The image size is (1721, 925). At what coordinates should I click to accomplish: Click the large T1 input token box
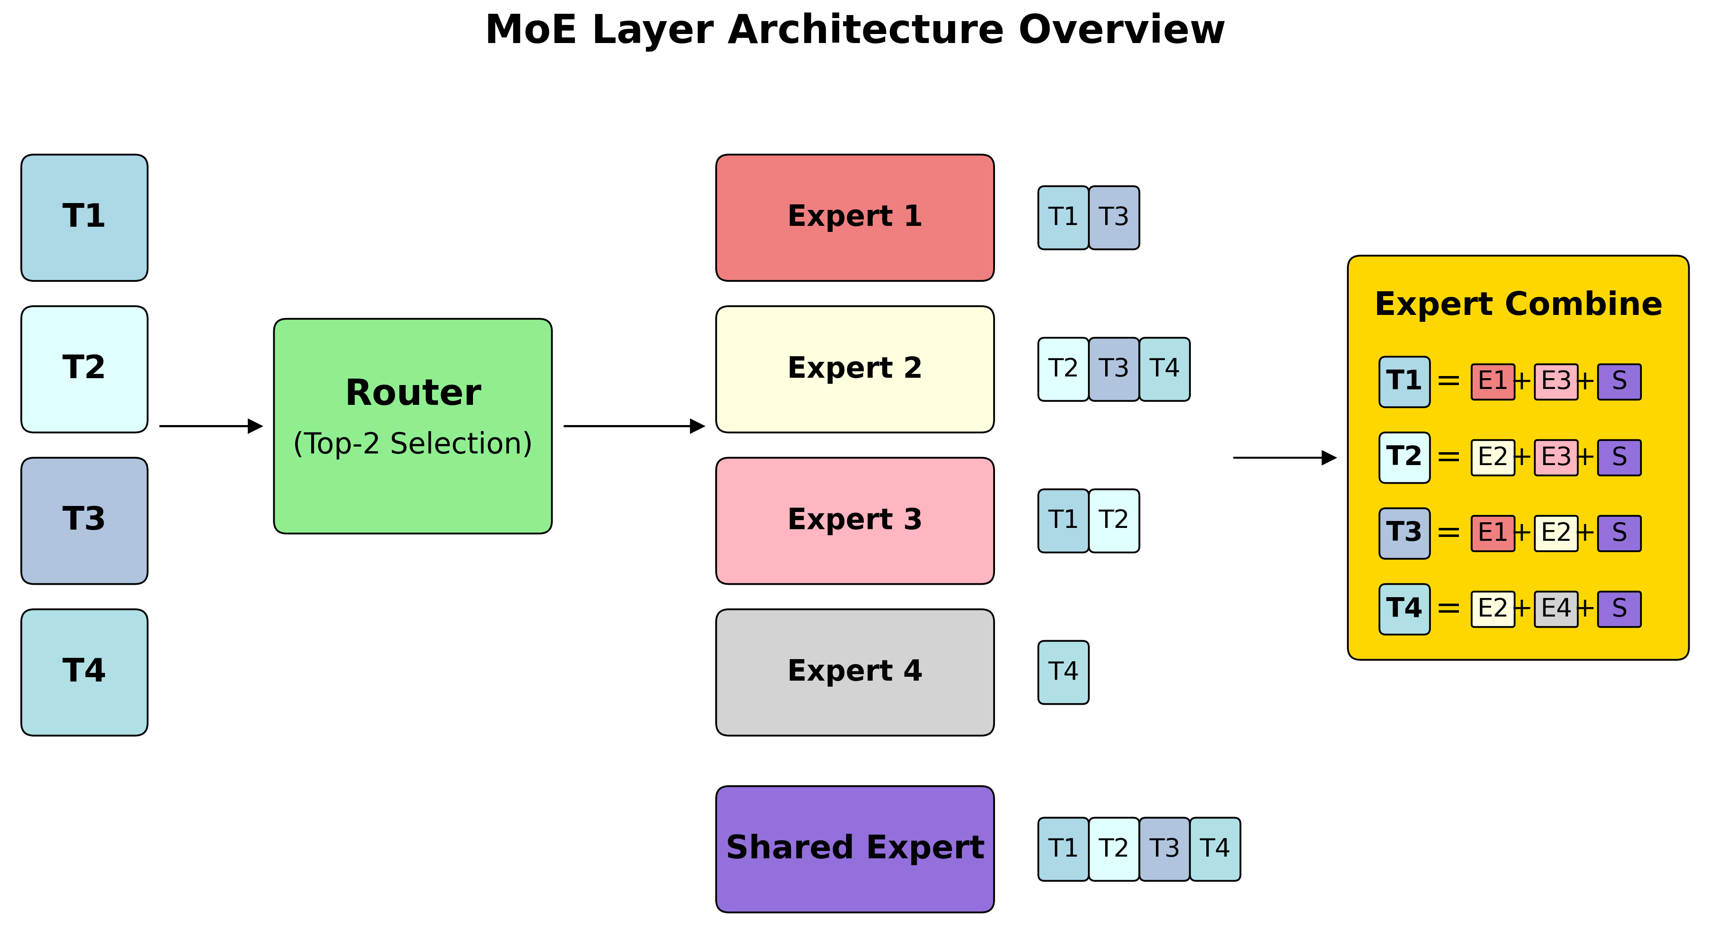pyautogui.click(x=84, y=218)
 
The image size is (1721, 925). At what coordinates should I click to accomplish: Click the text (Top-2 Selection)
pyautogui.click(x=412, y=444)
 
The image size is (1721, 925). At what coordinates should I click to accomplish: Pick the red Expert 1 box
pyautogui.click(x=855, y=218)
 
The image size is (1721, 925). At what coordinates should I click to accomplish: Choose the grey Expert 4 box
pyautogui.click(x=855, y=672)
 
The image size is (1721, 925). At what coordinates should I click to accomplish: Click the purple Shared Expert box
pyautogui.click(x=855, y=848)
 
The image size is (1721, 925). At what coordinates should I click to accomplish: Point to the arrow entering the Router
pyautogui.click(x=210, y=425)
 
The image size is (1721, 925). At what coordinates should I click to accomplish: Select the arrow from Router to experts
pyautogui.click(x=633, y=425)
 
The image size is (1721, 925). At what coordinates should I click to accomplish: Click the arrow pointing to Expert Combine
pyautogui.click(x=1283, y=457)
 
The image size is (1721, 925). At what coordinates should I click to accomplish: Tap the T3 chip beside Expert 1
pyautogui.click(x=1114, y=218)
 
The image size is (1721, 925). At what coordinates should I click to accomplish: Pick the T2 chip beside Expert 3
pyautogui.click(x=1114, y=520)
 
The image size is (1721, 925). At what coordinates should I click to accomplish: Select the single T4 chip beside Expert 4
pyautogui.click(x=1063, y=672)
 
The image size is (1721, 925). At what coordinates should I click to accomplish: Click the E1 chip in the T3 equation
pyautogui.click(x=1492, y=533)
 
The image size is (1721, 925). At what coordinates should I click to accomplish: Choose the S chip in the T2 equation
pyautogui.click(x=1619, y=457)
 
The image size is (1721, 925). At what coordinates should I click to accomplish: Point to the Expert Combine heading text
pyautogui.click(x=1518, y=304)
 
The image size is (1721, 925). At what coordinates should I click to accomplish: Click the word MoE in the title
pyautogui.click(x=531, y=30)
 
